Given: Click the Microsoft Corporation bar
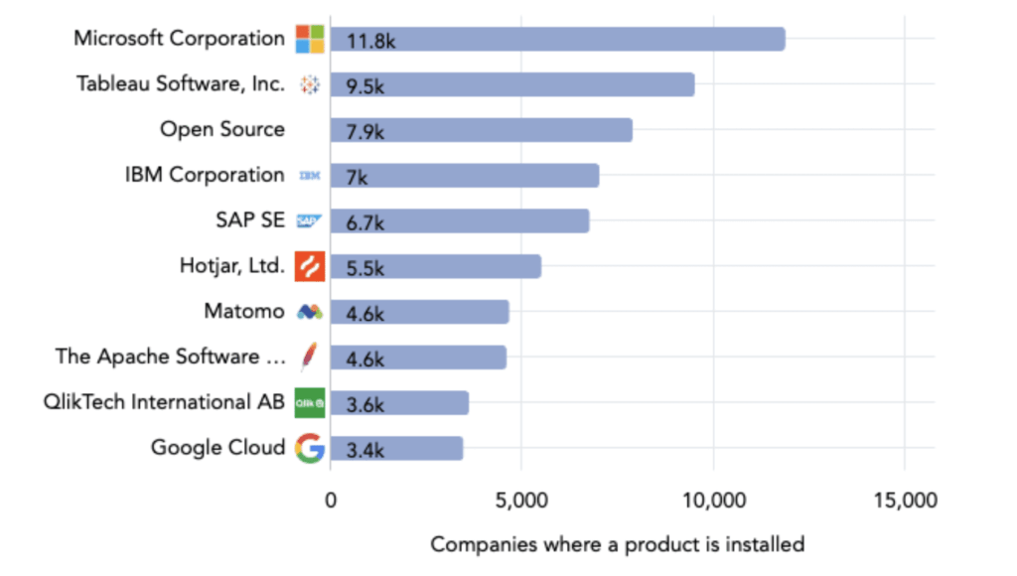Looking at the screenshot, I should tap(557, 40).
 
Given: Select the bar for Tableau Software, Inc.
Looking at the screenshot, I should tap(511, 84).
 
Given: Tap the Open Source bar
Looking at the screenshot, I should tap(481, 130).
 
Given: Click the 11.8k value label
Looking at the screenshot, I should tap(365, 41).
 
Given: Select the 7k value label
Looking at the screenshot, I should tap(357, 177).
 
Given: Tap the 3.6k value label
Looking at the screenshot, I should tap(364, 404).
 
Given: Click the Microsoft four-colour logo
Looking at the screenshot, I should tap(310, 40).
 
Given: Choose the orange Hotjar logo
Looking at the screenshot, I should tap(310, 266).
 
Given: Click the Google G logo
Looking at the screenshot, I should tap(310, 449).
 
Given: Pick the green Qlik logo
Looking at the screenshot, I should tap(310, 403).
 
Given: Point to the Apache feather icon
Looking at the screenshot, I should tap(309, 358).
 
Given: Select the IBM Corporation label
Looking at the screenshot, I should tap(205, 175).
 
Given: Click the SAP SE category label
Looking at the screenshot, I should tap(250, 220).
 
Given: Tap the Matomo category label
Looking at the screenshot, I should tap(244, 311).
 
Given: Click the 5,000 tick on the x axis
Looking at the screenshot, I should tap(521, 501).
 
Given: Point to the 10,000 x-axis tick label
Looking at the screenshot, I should tap(713, 501).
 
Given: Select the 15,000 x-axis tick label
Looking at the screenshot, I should tap(904, 501).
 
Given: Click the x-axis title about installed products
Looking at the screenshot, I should tap(617, 544).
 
